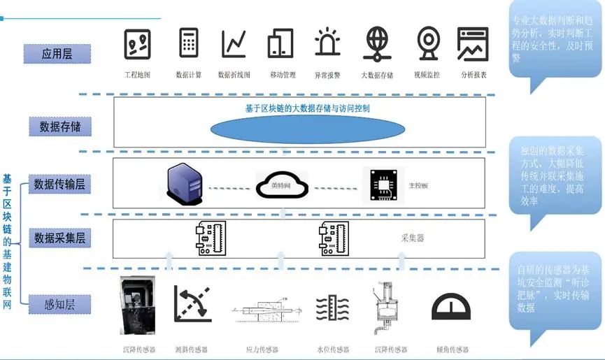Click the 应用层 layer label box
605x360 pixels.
pyautogui.click(x=57, y=53)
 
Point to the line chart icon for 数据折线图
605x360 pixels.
pyautogui.click(x=234, y=43)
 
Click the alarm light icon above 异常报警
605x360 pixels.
pyautogui.click(x=327, y=43)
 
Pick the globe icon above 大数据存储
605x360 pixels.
pyautogui.click(x=377, y=43)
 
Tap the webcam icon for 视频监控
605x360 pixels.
pyautogui.click(x=427, y=43)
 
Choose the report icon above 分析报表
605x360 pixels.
pyautogui.click(x=473, y=43)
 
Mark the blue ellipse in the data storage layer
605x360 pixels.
pyautogui.click(x=308, y=129)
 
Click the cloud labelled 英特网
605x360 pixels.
pyautogui.click(x=283, y=185)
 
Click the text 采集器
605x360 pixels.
pyautogui.click(x=413, y=238)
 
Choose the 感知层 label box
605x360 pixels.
pyautogui.click(x=59, y=304)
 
